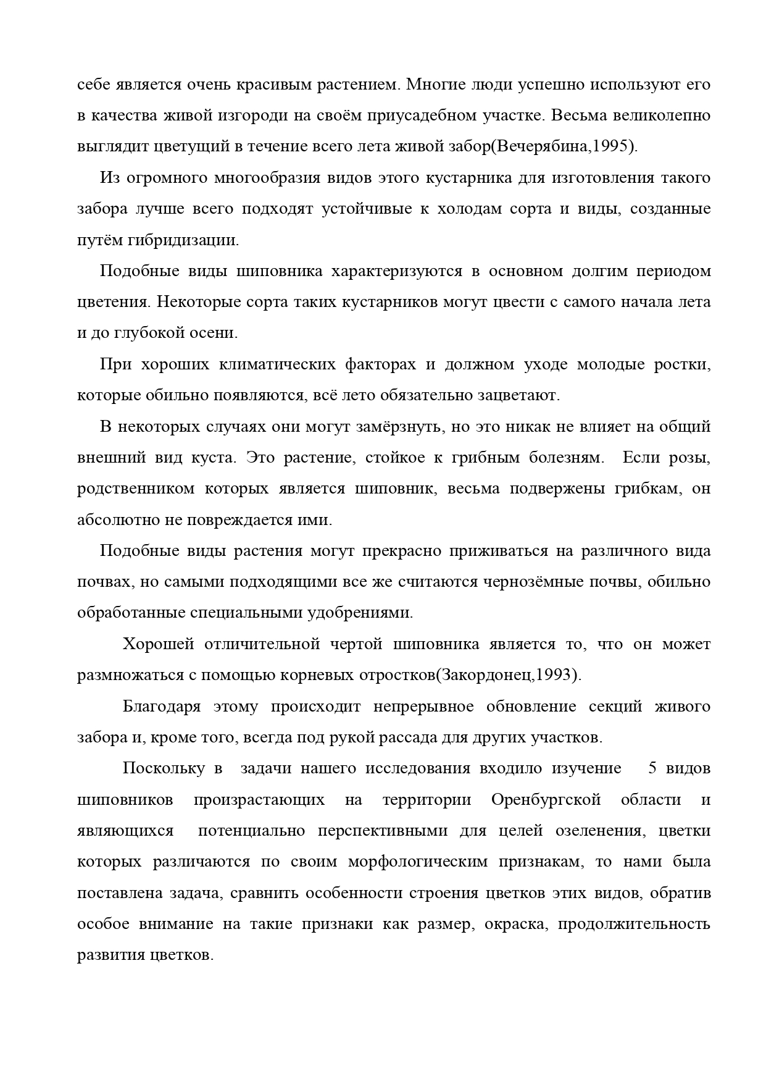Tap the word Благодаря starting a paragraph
(x=162, y=706)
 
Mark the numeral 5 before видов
(x=652, y=768)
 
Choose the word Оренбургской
(x=546, y=799)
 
